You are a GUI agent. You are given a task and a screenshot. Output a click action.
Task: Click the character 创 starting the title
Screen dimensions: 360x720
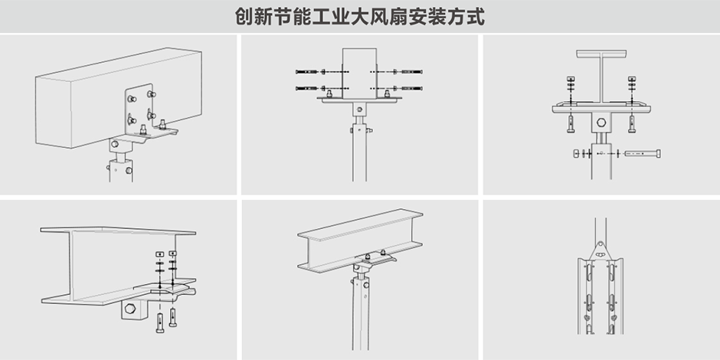245,17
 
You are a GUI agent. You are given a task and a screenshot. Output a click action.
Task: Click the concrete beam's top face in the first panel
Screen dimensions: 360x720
115,65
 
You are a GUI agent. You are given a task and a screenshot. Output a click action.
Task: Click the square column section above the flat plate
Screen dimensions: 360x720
358,69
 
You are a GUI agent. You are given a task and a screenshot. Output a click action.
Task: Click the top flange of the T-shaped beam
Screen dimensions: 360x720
601,54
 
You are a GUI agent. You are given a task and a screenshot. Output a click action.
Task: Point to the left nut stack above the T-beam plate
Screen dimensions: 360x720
571,87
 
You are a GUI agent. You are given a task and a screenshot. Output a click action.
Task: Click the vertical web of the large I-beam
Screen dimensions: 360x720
57,264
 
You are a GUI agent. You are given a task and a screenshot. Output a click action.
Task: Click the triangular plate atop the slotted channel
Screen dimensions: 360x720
601,249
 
